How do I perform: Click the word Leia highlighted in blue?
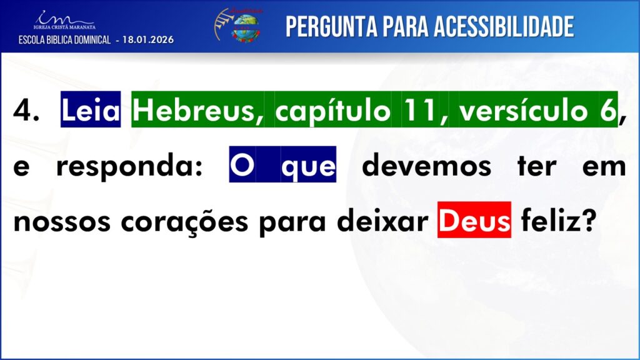(x=91, y=109)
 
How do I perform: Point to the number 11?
(x=419, y=110)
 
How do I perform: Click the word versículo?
(x=523, y=110)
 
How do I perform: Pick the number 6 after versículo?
(x=608, y=110)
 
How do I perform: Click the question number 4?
(x=26, y=110)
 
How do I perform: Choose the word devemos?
(x=426, y=165)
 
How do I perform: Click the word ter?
(x=537, y=166)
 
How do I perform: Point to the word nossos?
(x=62, y=222)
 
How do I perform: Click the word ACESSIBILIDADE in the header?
(x=504, y=27)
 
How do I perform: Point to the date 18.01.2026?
(x=148, y=39)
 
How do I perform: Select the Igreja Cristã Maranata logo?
(x=64, y=21)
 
